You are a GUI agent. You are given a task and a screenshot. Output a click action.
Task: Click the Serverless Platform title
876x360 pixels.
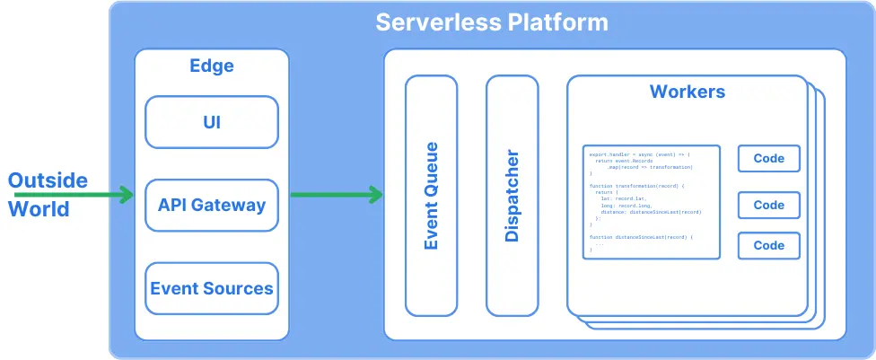click(x=491, y=22)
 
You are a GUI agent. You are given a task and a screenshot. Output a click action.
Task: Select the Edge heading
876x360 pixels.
click(x=212, y=66)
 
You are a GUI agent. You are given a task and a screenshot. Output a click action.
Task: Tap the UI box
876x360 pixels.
click(x=212, y=122)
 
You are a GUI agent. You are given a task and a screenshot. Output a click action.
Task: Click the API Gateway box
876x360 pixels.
click(x=212, y=205)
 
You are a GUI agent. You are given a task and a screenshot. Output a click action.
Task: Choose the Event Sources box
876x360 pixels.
click(x=212, y=288)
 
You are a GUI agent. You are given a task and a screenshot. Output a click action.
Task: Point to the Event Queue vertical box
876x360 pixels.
click(x=431, y=196)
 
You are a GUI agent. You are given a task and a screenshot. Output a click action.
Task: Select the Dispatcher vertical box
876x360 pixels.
click(x=512, y=196)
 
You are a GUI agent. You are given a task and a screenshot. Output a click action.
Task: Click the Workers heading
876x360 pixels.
click(x=687, y=92)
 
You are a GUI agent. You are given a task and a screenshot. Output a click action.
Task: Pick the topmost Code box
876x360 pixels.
click(x=768, y=159)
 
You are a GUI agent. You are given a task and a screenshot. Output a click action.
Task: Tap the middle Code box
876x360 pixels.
click(x=768, y=205)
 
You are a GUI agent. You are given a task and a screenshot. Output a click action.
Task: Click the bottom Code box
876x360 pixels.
click(x=768, y=245)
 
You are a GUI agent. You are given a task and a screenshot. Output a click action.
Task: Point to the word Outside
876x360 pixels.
click(x=48, y=180)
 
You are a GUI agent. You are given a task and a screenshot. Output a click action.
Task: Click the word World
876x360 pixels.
click(x=39, y=209)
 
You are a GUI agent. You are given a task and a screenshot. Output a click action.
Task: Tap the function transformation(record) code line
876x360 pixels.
click(x=636, y=186)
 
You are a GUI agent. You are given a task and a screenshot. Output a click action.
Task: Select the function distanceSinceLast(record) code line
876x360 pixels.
click(x=640, y=237)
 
